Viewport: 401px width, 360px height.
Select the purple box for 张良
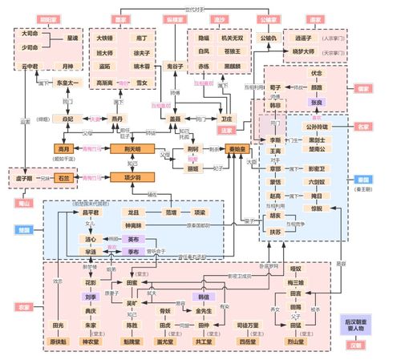coord(318,103)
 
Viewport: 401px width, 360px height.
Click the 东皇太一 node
coord(71,82)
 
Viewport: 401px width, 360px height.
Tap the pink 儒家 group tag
coord(363,89)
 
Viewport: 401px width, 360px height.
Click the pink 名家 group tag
coord(363,127)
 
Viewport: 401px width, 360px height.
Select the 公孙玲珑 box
coord(316,127)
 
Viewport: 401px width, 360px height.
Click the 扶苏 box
coord(275,231)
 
